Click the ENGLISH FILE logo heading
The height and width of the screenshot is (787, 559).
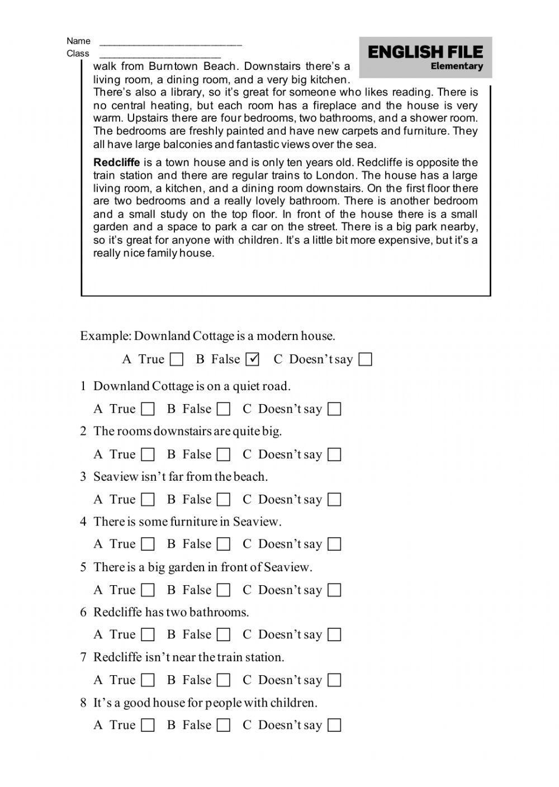click(x=425, y=53)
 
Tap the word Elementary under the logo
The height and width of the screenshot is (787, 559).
click(x=457, y=67)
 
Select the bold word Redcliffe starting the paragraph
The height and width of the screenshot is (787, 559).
click(x=116, y=163)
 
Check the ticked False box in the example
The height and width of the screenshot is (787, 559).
click(x=253, y=359)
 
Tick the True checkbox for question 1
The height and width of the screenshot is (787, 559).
click(x=148, y=409)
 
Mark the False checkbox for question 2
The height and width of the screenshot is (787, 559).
click(x=224, y=454)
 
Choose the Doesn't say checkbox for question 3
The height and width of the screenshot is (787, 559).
click(x=334, y=500)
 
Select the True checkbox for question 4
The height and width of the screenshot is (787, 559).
click(x=148, y=544)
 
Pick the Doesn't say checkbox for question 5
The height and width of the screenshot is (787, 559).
click(x=334, y=590)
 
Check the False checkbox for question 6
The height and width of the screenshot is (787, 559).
click(x=224, y=635)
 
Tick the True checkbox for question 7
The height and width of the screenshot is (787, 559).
click(x=148, y=680)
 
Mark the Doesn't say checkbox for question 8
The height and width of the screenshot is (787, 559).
click(x=334, y=726)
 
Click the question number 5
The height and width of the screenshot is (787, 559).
click(x=83, y=567)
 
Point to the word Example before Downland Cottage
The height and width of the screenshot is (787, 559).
click(x=105, y=336)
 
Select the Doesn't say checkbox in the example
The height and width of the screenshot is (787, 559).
click(x=365, y=359)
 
